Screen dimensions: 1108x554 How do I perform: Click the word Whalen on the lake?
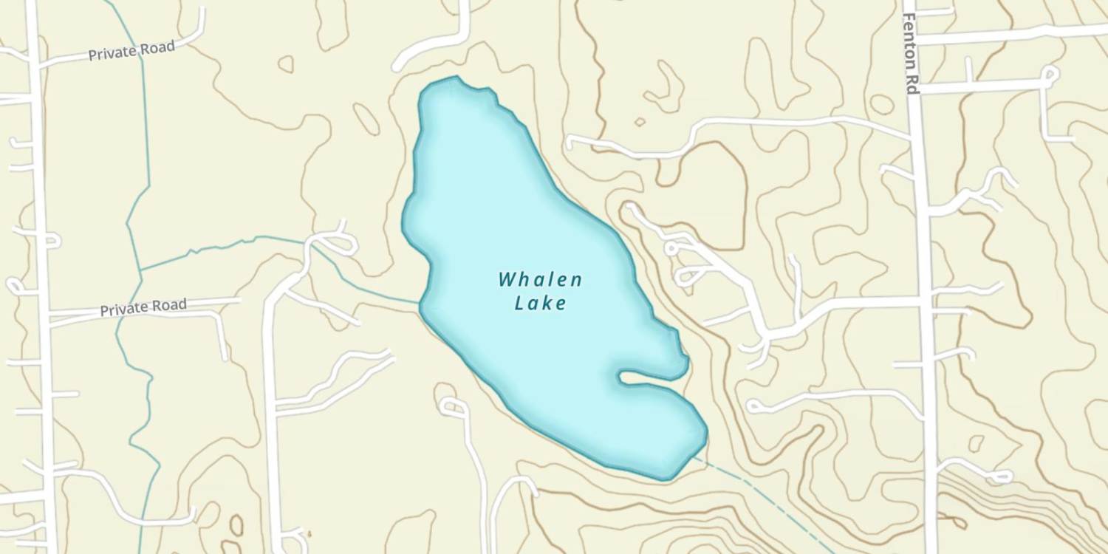tap(540, 280)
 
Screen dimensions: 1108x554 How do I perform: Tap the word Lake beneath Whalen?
tap(541, 303)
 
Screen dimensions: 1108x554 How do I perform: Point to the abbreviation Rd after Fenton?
tap(912, 83)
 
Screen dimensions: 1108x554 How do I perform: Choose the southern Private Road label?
tap(143, 307)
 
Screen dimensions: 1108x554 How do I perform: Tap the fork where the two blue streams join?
tap(141, 270)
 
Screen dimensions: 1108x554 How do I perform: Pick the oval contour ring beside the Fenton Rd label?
tap(881, 104)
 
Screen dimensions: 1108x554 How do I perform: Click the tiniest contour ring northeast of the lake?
tap(640, 122)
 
